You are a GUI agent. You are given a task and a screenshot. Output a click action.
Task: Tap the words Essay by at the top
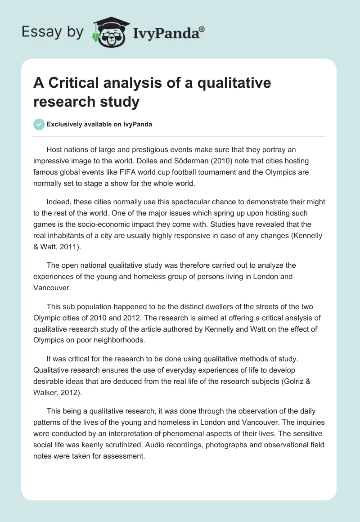(52, 31)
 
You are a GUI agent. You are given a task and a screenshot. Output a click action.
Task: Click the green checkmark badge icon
(39, 124)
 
